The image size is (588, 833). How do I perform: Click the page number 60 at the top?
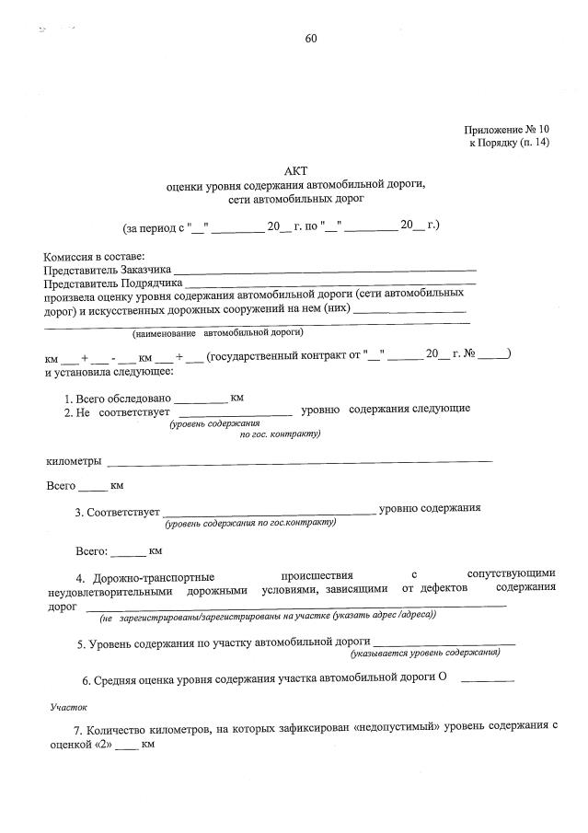pos(310,39)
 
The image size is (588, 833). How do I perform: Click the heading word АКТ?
pos(294,169)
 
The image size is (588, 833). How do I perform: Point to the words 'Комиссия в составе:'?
pos(95,256)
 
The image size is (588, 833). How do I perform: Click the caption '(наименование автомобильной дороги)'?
pos(217,331)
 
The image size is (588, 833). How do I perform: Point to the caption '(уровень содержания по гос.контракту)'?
pos(250,523)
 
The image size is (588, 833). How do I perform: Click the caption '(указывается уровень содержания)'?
pos(425,652)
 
